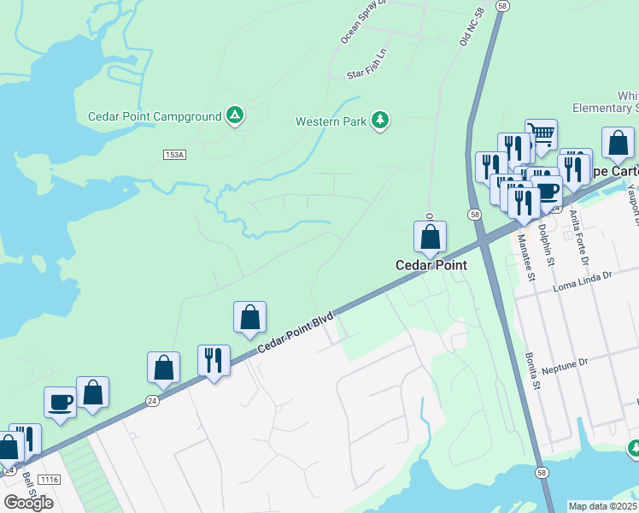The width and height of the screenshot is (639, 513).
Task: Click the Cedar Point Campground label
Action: (155, 116)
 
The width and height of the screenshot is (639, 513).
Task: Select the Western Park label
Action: (331, 121)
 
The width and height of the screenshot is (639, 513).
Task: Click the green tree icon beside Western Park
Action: (380, 121)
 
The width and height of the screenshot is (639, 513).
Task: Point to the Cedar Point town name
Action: (431, 265)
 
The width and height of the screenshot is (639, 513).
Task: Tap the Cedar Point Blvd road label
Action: (295, 329)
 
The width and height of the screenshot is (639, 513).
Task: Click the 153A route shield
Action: (174, 154)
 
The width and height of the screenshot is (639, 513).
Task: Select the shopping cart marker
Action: (541, 133)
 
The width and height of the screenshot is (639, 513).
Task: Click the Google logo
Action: (27, 503)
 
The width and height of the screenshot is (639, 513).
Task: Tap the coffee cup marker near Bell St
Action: (60, 402)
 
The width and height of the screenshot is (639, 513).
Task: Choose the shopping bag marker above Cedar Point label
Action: (431, 236)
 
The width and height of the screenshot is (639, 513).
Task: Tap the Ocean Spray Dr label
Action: (364, 21)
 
